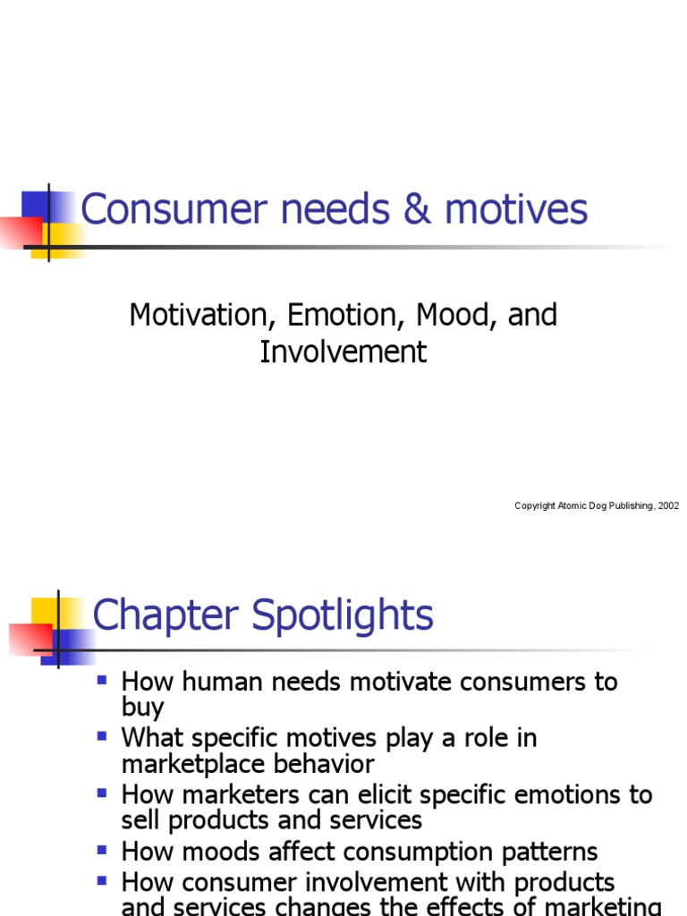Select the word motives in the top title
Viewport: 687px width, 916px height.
(x=516, y=210)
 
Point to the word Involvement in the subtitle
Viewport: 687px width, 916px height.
(x=343, y=352)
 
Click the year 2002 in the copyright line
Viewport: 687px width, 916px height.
(x=668, y=506)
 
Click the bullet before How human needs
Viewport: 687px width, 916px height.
(x=102, y=680)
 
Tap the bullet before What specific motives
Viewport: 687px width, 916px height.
(x=102, y=736)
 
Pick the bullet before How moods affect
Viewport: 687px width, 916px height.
(x=102, y=850)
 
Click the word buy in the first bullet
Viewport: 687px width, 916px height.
(x=142, y=708)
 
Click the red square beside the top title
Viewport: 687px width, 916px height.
(x=20, y=230)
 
